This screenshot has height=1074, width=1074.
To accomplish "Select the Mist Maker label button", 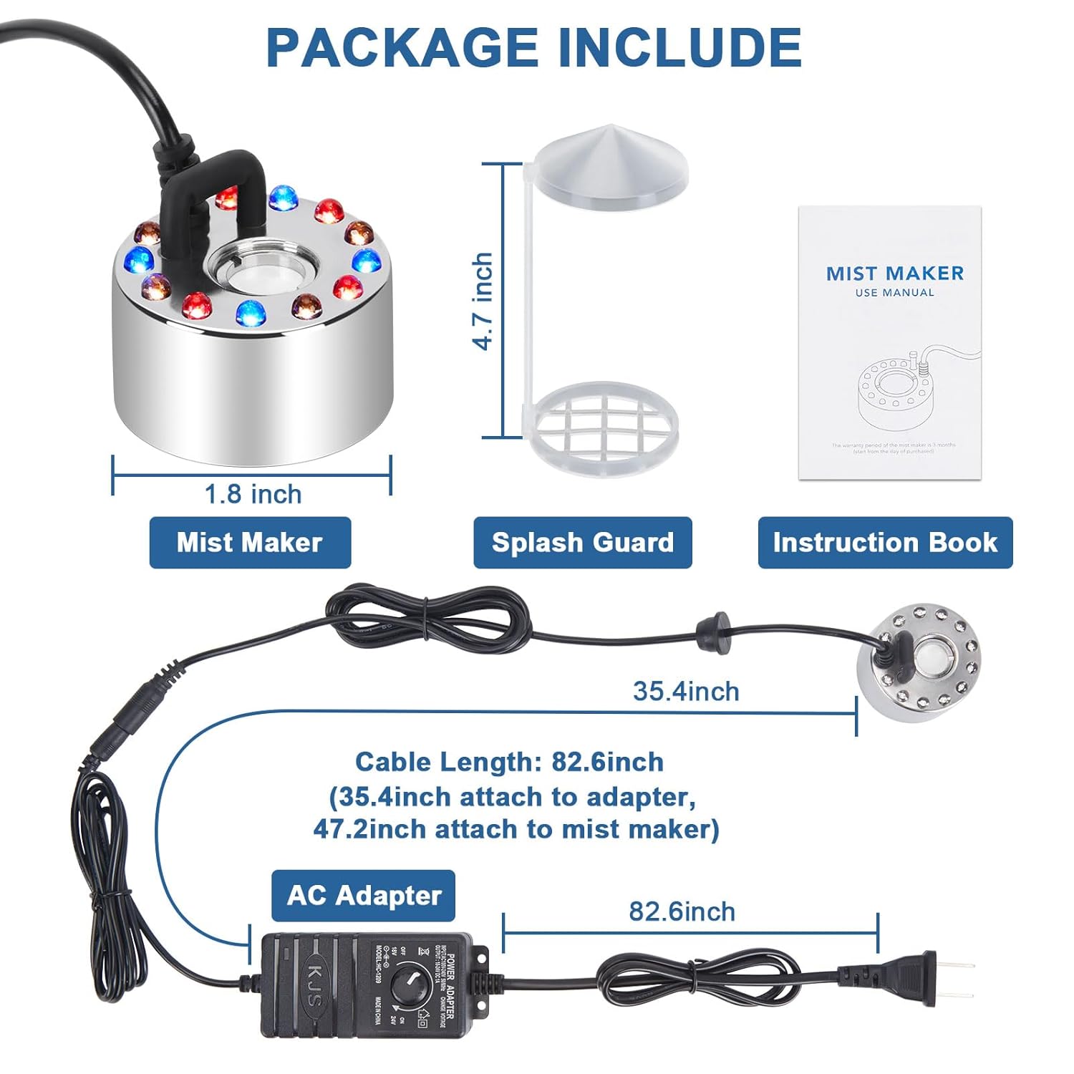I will [x=250, y=543].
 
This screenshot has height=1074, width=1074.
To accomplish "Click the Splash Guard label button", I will [x=583, y=543].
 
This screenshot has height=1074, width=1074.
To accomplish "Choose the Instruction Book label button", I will [x=885, y=543].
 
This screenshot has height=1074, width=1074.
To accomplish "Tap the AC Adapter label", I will [x=363, y=896].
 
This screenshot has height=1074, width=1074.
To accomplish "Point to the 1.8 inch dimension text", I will [x=253, y=494].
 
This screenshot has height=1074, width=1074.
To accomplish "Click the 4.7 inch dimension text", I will [x=484, y=301].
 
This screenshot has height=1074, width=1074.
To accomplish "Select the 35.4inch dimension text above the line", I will [x=686, y=692].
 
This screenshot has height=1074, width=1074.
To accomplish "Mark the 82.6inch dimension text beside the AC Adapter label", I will [x=682, y=911].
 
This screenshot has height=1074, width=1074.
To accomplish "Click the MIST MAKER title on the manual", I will [x=894, y=274].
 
